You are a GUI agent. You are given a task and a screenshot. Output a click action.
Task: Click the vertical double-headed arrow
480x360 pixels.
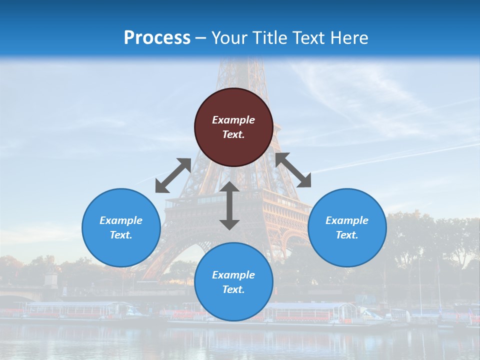click(229, 205)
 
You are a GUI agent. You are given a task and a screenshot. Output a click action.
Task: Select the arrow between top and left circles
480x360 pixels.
click(173, 175)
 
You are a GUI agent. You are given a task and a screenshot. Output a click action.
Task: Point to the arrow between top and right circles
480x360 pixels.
click(293, 170)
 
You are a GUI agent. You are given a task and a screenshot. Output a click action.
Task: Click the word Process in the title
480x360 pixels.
click(157, 38)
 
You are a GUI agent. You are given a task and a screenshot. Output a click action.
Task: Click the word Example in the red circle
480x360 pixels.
click(233, 120)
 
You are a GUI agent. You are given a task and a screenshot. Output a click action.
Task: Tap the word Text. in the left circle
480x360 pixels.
click(121, 235)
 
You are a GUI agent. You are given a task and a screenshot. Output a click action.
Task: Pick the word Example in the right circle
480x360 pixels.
click(347, 220)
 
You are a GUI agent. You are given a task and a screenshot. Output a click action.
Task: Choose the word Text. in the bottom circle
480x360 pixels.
click(233, 289)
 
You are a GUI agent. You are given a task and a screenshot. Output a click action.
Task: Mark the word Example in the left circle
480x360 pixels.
click(121, 220)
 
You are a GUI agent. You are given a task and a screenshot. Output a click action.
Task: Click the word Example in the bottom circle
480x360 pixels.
click(233, 275)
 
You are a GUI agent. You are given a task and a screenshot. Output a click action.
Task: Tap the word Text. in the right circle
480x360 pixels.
click(347, 235)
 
